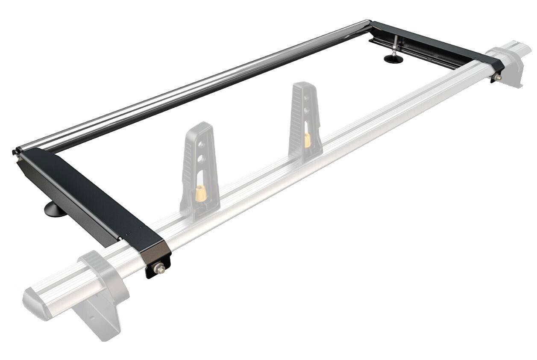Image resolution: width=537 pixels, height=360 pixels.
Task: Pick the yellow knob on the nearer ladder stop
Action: pos(200,193)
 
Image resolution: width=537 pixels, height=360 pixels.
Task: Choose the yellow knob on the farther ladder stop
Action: pos(307,140)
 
